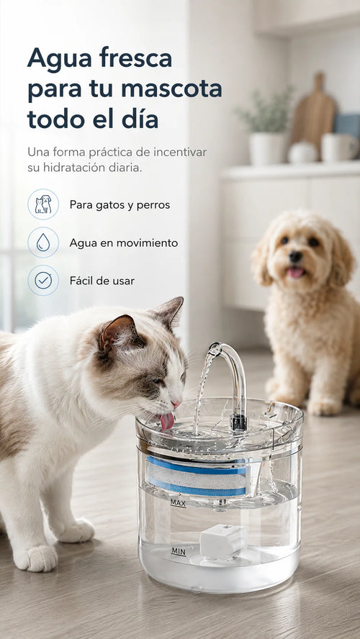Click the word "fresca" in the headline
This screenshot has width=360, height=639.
(x=135, y=58)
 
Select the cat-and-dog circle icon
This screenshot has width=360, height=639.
(x=43, y=204)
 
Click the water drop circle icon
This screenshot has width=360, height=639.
(x=43, y=243)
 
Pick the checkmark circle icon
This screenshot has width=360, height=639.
(x=43, y=281)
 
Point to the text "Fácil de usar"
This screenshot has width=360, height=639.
(x=102, y=281)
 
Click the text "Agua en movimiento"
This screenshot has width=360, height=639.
(x=124, y=243)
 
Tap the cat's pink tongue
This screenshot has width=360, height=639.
(x=167, y=422)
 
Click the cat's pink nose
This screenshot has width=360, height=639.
(x=176, y=404)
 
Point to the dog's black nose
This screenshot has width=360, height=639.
(x=296, y=257)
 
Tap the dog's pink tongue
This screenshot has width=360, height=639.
(x=294, y=272)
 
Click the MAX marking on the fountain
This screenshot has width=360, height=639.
(x=178, y=503)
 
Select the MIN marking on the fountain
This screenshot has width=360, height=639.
(x=178, y=552)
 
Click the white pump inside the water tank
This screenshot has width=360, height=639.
(x=223, y=543)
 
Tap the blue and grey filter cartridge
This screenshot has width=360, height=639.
(x=196, y=476)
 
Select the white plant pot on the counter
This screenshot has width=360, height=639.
(x=268, y=149)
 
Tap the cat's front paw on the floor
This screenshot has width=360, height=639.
(x=36, y=558)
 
